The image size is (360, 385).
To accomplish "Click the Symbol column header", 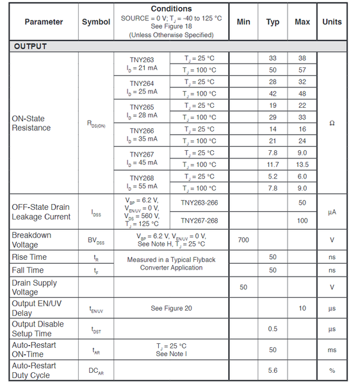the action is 96,22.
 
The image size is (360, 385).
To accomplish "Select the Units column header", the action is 332,22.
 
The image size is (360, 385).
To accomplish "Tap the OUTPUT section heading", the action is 30,46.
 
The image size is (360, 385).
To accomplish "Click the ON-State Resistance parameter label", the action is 31,123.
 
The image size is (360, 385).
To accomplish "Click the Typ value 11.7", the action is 273,165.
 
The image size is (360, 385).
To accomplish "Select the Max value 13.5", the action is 302,165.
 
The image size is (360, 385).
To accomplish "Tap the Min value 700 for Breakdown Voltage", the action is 243,240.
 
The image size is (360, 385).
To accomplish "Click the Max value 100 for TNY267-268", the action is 302,221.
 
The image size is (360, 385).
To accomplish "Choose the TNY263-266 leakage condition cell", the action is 199,203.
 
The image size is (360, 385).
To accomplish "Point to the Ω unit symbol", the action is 332,123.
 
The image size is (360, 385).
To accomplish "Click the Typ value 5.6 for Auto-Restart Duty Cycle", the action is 273,370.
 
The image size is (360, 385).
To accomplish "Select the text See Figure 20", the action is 171,308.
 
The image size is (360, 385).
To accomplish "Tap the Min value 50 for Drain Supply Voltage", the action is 243,287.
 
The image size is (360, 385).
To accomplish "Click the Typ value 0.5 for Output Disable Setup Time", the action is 273,329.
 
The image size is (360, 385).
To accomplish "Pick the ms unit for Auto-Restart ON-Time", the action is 332,350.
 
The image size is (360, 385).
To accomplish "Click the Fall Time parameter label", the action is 28,270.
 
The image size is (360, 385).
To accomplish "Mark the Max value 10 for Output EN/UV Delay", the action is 302,308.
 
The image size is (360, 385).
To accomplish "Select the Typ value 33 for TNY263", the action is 273,58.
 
